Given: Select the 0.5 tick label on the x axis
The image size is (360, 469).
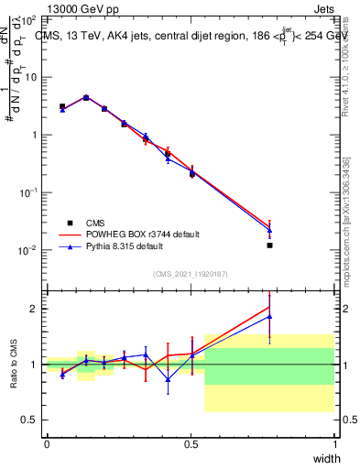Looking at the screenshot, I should (191, 444).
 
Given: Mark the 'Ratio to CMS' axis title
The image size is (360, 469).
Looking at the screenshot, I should (14, 364).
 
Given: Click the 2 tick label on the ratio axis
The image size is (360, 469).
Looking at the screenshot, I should (35, 309).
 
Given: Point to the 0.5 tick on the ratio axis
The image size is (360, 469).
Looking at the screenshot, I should (31, 420).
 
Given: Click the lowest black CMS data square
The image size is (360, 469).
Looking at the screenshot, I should (269, 245).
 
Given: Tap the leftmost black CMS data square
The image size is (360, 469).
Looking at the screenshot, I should (61, 107).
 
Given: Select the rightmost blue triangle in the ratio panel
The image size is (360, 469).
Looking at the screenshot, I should (269, 317).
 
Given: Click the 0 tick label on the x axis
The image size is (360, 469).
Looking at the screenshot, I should (47, 444).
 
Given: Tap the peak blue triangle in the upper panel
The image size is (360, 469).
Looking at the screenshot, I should (86, 97).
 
